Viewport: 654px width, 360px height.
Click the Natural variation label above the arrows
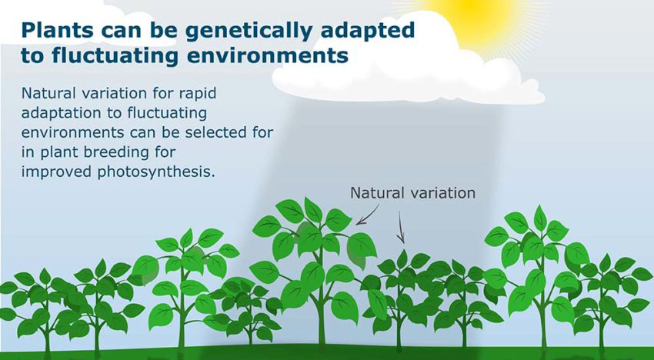412,192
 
